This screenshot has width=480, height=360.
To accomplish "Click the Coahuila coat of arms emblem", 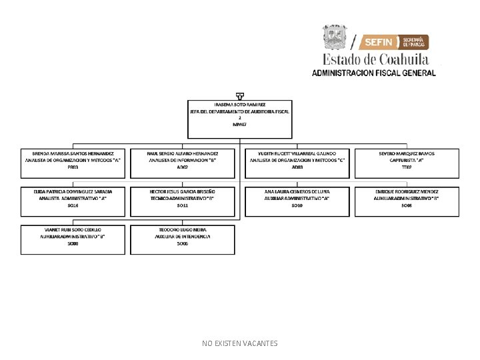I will point(335,37).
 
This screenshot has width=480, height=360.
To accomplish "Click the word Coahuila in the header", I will point(399,59).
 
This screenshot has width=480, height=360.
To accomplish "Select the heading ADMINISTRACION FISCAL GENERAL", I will point(374,73).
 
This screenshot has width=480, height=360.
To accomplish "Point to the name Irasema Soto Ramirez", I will point(239,105).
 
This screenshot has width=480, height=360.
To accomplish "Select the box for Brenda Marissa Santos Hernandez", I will point(73,163).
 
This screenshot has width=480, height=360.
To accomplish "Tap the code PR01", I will point(73,167).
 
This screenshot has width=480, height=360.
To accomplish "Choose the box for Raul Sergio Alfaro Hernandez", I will point(182,163).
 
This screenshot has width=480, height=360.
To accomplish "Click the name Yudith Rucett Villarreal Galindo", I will point(297,153).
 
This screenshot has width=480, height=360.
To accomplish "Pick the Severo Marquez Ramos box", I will point(407,163).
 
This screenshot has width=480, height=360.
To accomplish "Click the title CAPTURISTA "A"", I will point(407,160).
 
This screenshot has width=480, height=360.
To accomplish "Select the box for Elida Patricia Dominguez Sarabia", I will point(73,201).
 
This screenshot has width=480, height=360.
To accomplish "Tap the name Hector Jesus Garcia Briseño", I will point(182,191).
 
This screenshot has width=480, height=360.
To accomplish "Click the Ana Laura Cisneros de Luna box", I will point(297,201).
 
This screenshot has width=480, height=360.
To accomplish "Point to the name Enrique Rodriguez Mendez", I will point(407,191).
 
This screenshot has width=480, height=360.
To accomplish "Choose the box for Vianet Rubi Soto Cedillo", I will point(73,240).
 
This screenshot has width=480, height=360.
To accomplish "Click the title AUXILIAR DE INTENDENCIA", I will point(182,237).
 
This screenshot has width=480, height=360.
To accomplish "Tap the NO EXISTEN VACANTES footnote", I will point(240,343).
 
